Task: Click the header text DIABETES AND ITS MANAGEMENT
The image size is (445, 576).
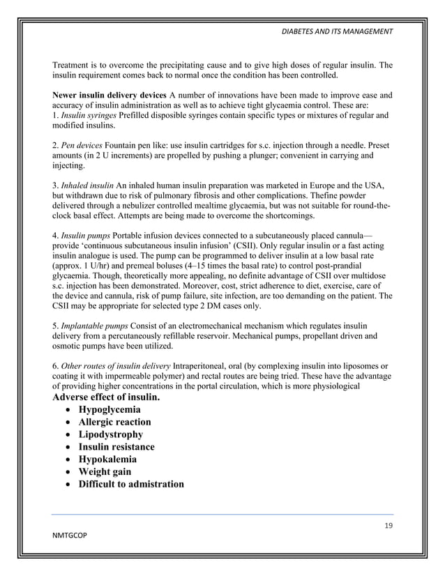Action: (336, 31)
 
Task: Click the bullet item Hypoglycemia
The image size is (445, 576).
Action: (110, 409)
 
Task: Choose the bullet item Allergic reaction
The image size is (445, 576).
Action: (114, 422)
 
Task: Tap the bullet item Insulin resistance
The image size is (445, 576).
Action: (116, 447)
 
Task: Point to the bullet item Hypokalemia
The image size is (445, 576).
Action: (107, 460)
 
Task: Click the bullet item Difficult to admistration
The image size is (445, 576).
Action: (131, 485)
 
